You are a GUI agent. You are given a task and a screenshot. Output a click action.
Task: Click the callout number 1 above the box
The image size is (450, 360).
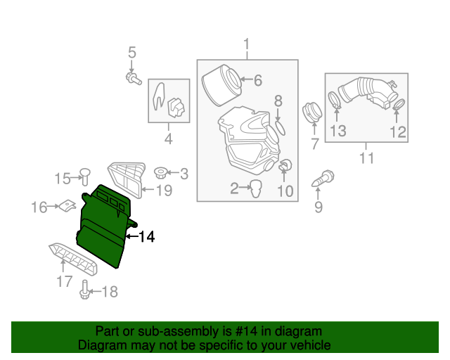point(246,46)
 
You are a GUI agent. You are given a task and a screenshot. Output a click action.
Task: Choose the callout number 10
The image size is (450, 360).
point(285,191)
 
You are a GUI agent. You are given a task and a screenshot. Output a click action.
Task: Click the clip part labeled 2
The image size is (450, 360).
point(257,187)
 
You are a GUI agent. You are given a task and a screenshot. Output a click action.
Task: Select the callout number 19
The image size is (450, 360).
point(163,191)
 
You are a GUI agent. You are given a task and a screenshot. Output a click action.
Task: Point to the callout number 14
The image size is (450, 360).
point(146,237)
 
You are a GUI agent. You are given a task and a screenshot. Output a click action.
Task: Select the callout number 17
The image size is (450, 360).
point(64,282)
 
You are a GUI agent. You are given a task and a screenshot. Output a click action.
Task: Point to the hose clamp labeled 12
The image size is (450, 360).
point(399,105)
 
